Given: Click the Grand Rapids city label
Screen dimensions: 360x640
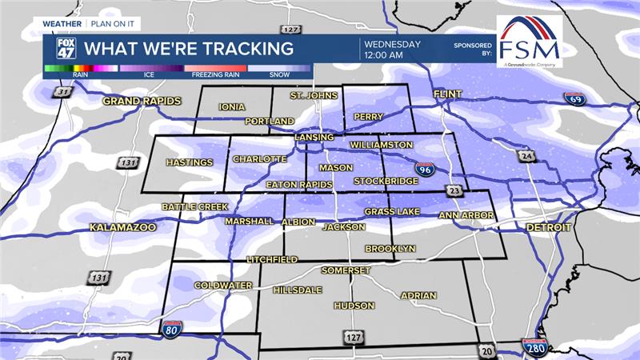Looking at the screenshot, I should click(x=142, y=102).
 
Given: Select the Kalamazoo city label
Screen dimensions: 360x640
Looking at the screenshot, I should click(x=122, y=227).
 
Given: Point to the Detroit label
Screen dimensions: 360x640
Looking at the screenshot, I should click(x=549, y=227).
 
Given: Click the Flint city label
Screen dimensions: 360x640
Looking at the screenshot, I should click(x=448, y=94).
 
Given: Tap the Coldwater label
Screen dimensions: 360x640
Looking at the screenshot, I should click(x=223, y=285).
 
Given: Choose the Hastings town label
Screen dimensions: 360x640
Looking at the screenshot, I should click(x=190, y=162).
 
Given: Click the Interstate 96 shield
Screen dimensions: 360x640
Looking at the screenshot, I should click(x=425, y=169).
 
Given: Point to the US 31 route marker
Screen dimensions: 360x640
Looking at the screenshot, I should click(x=62, y=92).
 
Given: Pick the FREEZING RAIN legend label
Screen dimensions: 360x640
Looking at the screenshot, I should click(x=215, y=74).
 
